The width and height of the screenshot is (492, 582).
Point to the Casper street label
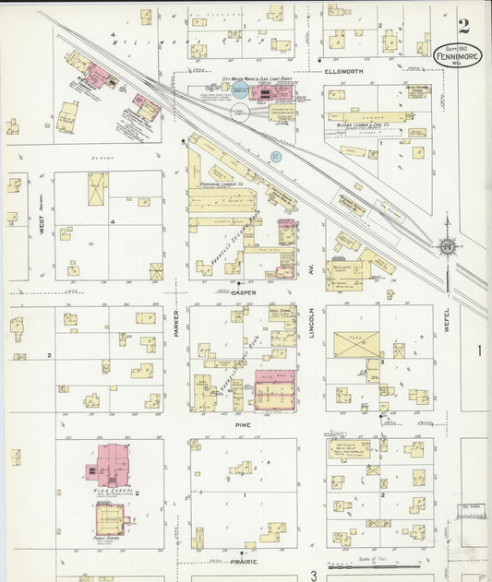coord(244,292)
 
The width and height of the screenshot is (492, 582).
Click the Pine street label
coord(244,425)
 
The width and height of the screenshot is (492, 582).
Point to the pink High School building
coord(114,464)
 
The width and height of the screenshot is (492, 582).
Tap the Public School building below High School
coord(111,518)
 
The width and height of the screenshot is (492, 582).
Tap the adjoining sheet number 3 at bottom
coord(313,575)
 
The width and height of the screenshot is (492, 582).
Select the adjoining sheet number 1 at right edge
coord(480,350)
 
